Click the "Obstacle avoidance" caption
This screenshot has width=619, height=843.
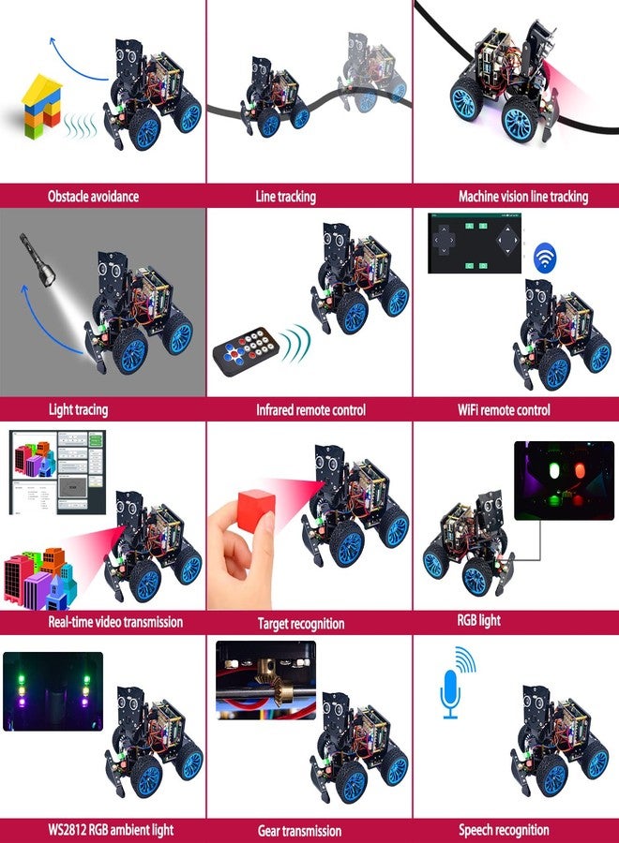(x=93, y=197)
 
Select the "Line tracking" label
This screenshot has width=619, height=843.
(x=285, y=197)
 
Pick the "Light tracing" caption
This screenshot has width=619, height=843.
(x=78, y=409)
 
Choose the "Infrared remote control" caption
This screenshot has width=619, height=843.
(x=310, y=409)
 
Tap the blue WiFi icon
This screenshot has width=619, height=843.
(x=544, y=259)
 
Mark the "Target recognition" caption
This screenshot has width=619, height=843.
(x=301, y=623)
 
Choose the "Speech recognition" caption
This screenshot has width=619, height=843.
(x=504, y=830)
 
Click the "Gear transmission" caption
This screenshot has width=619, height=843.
(x=299, y=831)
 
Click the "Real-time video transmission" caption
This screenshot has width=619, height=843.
(x=101, y=621)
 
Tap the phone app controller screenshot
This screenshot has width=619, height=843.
(x=476, y=244)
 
